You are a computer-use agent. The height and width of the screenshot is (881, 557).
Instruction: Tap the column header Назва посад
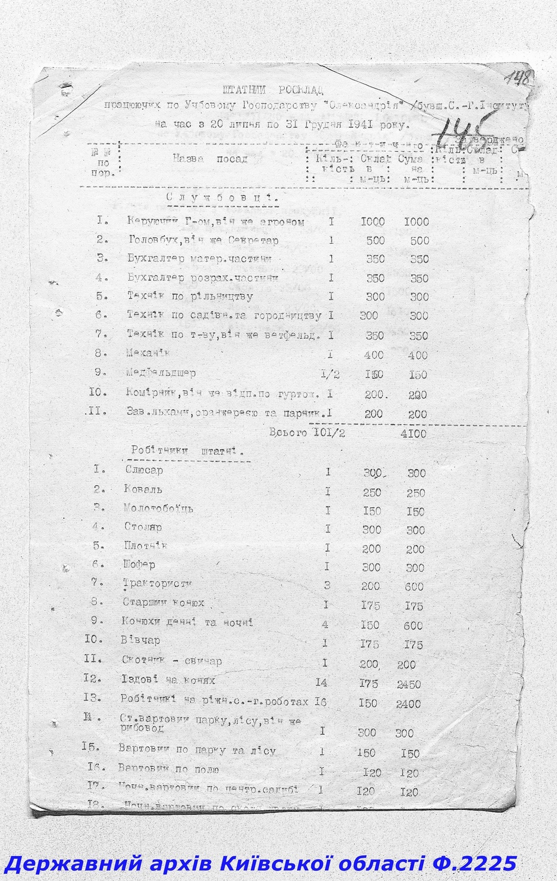point(210,159)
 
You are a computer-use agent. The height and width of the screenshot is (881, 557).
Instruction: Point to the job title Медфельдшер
point(160,373)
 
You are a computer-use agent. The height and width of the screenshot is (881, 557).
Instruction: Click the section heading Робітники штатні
point(187,451)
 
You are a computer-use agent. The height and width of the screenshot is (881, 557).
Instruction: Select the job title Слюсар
point(144,470)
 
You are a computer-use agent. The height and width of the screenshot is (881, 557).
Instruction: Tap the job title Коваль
point(143,489)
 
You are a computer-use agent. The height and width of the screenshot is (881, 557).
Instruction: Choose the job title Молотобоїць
point(158,509)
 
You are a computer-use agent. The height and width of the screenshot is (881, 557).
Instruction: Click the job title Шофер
point(139,564)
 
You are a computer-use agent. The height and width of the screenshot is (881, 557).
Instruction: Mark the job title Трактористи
point(157,584)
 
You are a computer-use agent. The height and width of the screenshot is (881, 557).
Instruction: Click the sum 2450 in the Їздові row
point(408,685)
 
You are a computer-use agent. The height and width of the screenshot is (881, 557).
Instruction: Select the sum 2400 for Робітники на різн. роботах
point(408,704)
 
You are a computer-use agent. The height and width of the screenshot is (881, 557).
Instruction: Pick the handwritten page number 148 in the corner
point(519,78)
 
